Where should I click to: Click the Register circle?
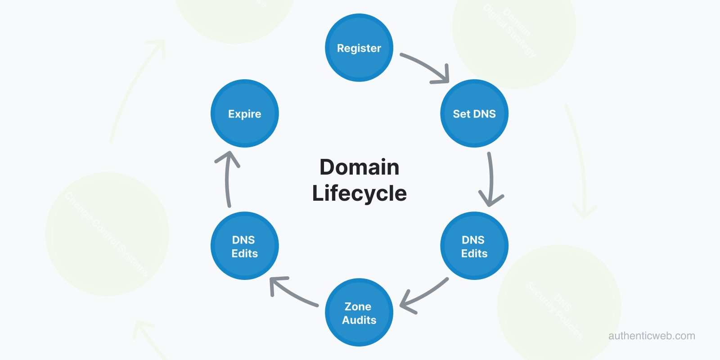pos(359,48)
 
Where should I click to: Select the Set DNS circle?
pos(474,113)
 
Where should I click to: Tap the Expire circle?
pos(244,113)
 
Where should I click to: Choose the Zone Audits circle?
pos(359,313)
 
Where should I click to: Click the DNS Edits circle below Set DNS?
pos(474,246)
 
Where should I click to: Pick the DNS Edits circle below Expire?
pos(244,246)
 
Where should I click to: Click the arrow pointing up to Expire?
pos(228,180)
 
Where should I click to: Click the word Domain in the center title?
pos(359,167)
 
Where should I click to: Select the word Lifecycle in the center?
pos(359,193)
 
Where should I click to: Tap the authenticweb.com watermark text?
pos(651,336)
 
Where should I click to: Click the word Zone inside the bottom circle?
pos(358,306)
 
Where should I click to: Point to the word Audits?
pos(359,320)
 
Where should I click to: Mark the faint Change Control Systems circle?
pos(107,234)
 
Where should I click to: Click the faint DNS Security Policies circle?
pos(559,306)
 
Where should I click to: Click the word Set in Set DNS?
pos(461,114)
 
